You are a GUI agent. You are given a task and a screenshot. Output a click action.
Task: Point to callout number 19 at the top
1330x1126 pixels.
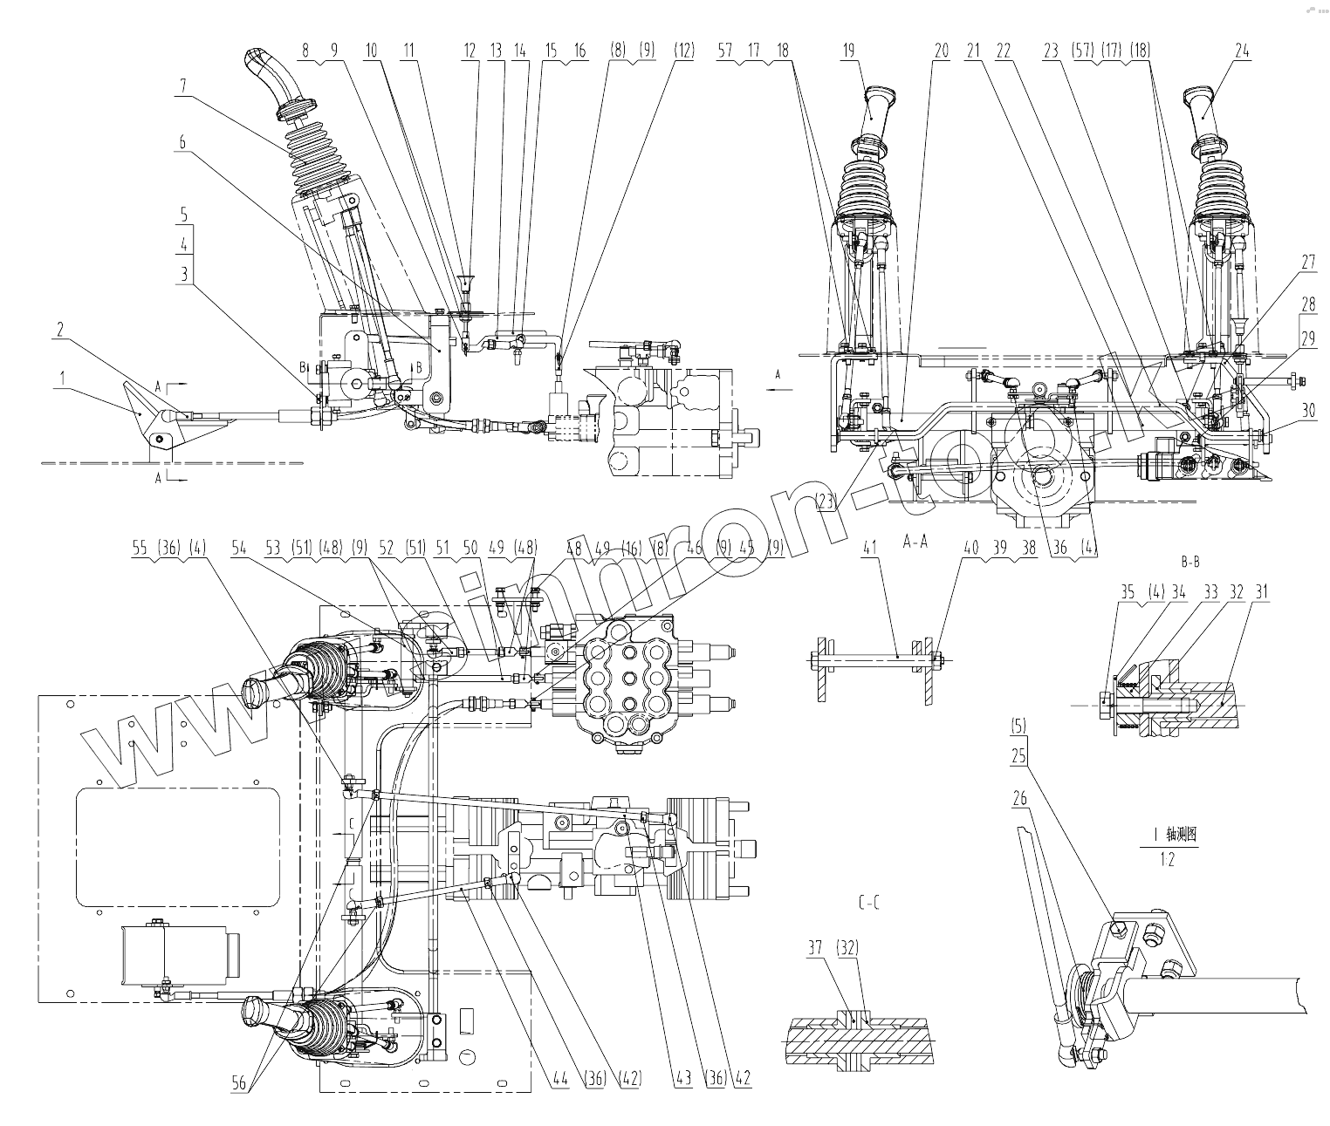[847, 51]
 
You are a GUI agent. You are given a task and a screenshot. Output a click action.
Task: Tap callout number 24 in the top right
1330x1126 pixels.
[1242, 51]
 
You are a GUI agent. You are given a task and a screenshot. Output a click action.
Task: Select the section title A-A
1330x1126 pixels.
[915, 542]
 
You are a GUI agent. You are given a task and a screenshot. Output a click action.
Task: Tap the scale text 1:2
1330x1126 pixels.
[1167, 860]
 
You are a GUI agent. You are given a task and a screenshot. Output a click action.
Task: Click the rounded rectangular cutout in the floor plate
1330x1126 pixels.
[177, 846]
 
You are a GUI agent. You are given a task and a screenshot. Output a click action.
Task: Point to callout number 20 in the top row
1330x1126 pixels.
[941, 51]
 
